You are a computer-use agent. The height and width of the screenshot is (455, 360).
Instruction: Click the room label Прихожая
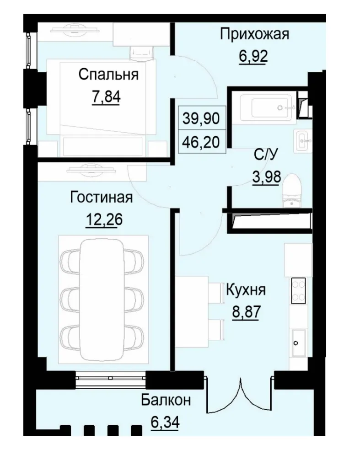[x=254, y=34]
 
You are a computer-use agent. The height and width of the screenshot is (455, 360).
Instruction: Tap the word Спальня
[x=108, y=74]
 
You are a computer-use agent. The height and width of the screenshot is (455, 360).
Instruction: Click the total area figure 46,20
[x=201, y=139]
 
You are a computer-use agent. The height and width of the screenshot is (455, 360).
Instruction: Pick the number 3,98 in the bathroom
[x=266, y=176]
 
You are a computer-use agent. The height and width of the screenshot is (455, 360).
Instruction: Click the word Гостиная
[x=101, y=198]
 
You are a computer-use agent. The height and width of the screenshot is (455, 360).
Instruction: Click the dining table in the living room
[x=103, y=299]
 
